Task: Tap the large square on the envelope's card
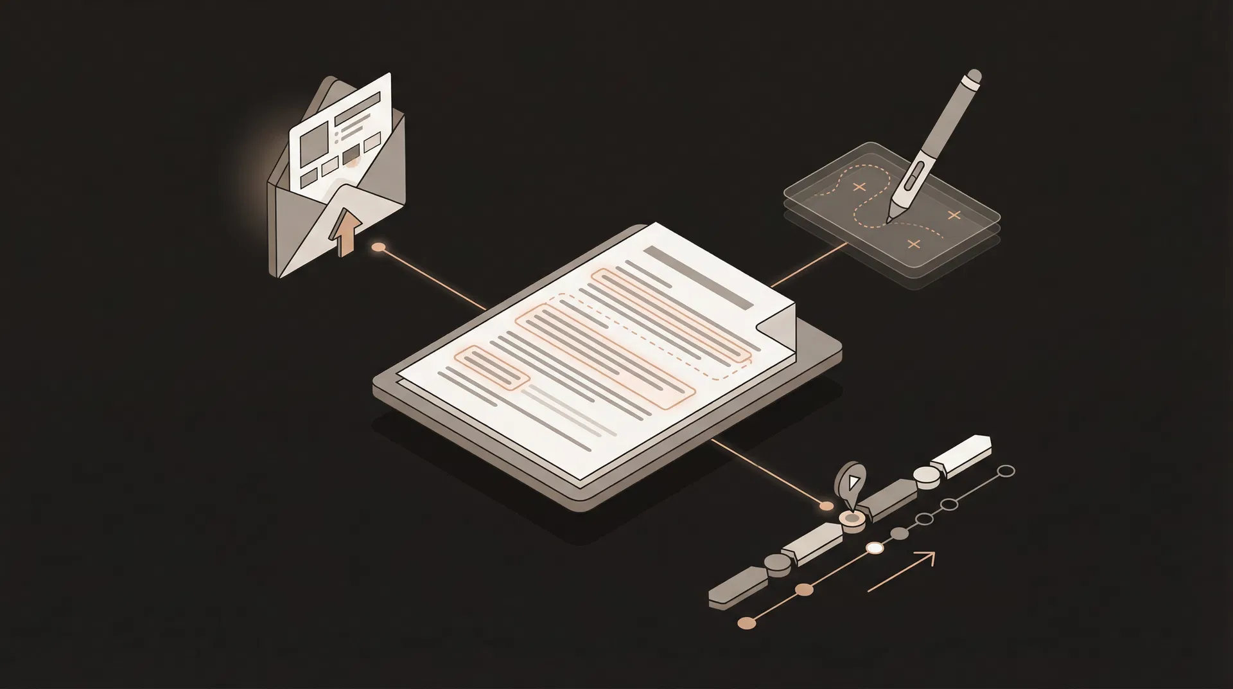coord(313,138)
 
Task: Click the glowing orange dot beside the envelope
coord(380,247)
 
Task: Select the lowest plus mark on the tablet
coord(914,244)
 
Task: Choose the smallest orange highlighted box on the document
coord(491,368)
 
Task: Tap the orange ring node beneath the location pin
coord(852,517)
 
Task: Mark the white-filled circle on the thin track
coord(875,548)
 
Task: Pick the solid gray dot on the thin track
coord(900,533)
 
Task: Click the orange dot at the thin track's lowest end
coord(746,622)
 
